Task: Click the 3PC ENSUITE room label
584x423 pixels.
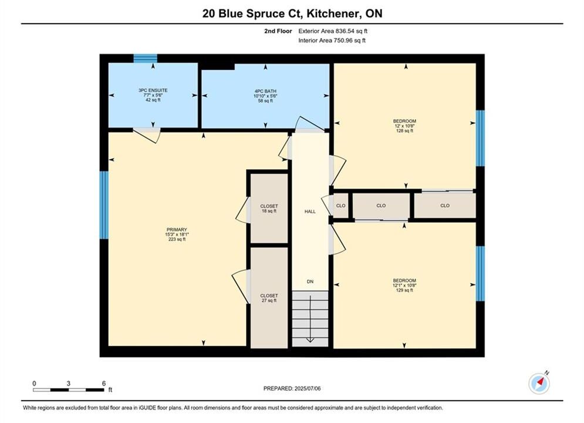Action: [153, 90]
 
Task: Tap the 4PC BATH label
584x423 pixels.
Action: [265, 91]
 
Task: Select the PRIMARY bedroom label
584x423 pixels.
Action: [177, 230]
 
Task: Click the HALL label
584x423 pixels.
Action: [310, 211]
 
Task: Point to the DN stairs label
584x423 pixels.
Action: [310, 281]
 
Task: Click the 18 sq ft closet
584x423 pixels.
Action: [269, 209]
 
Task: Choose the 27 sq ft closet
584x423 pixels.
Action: [269, 298]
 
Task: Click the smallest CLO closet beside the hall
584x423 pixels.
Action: [340, 206]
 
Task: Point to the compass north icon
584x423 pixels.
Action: [539, 382]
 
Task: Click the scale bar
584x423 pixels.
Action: [69, 390]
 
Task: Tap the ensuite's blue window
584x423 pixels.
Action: [145, 59]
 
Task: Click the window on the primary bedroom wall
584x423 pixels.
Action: [104, 205]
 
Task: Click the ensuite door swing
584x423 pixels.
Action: [147, 136]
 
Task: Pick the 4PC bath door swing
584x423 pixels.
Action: [310, 125]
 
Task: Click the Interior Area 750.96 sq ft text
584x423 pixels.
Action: [332, 41]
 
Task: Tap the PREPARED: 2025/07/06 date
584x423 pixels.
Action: [292, 388]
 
